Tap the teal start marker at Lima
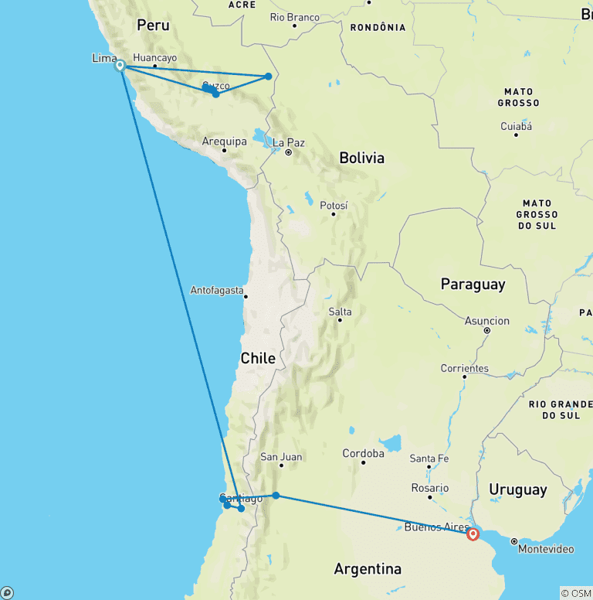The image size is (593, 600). pyautogui.click(x=120, y=66)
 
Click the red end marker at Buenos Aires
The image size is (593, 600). pyautogui.click(x=473, y=534)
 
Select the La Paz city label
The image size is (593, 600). pyautogui.click(x=290, y=142)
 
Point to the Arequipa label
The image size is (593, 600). pyautogui.click(x=224, y=141)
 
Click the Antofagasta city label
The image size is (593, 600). pyautogui.click(x=217, y=291)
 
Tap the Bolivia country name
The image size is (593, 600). pyautogui.click(x=361, y=158)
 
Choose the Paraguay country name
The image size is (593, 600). pyautogui.click(x=473, y=284)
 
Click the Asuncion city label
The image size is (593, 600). pyautogui.click(x=487, y=320)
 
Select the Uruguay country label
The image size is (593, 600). pyautogui.click(x=517, y=489)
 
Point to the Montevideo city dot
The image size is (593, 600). pyautogui.click(x=513, y=540)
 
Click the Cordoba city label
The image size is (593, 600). pyautogui.click(x=363, y=453)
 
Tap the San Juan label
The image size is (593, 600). pyautogui.click(x=281, y=456)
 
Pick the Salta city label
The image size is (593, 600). pyautogui.click(x=340, y=312)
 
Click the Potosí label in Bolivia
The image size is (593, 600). pyautogui.click(x=334, y=205)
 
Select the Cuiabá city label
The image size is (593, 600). pyautogui.click(x=516, y=125)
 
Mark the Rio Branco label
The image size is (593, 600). pyautogui.click(x=294, y=17)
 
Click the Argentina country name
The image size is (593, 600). pyautogui.click(x=368, y=569)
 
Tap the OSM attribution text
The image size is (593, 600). pyautogui.click(x=576, y=593)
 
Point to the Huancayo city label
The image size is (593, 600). pyautogui.click(x=154, y=57)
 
